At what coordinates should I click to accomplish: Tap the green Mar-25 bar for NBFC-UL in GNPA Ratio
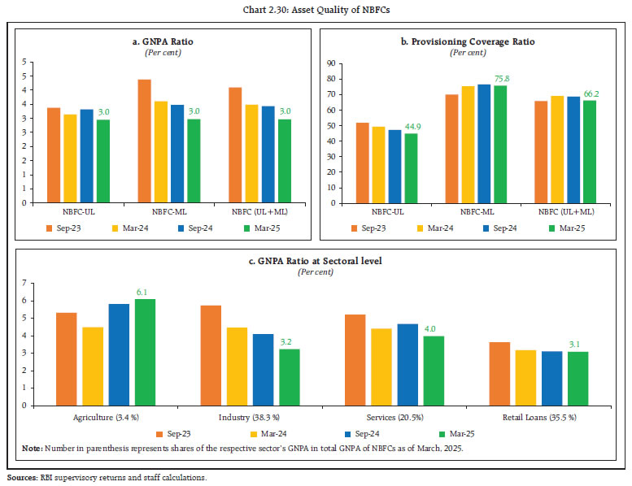[103, 160]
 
